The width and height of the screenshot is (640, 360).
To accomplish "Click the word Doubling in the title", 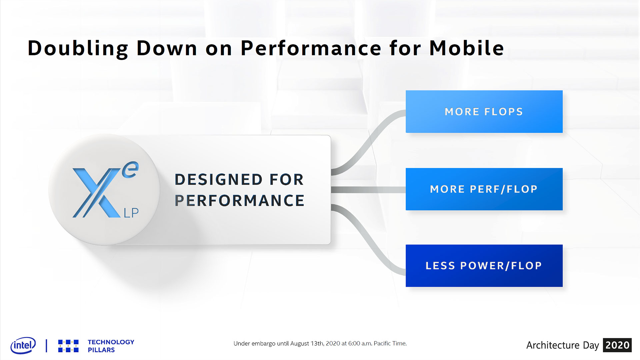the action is coord(78,49).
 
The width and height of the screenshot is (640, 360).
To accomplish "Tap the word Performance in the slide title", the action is coord(311,48).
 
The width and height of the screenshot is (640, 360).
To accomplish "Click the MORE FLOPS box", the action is coord(484,112).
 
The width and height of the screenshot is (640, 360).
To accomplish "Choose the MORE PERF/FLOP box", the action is coord(484,189).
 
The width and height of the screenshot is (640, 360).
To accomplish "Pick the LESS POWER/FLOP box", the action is coord(484,266).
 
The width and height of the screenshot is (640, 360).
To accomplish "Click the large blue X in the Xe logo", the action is coord(97,193).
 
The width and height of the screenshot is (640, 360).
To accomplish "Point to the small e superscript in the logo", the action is coord(130,170).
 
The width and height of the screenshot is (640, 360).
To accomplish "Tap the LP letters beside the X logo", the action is coord(131,213).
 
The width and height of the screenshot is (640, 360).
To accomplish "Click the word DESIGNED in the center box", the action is coord(218,180).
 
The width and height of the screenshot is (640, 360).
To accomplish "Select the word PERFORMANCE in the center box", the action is coord(239,201).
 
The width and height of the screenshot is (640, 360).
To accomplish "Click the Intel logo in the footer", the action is coord(23,345).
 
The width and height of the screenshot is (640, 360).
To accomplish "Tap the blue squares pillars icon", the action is coord(68,346).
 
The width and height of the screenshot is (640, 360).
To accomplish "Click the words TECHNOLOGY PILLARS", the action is coord(111,346).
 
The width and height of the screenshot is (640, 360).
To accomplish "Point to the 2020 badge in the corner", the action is coord(617,345).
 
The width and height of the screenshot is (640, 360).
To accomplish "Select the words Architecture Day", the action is coord(563,345).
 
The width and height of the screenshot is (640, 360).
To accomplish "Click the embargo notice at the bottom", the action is coord(320,343).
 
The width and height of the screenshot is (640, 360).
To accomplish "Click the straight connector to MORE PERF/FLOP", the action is coord(368,190).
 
